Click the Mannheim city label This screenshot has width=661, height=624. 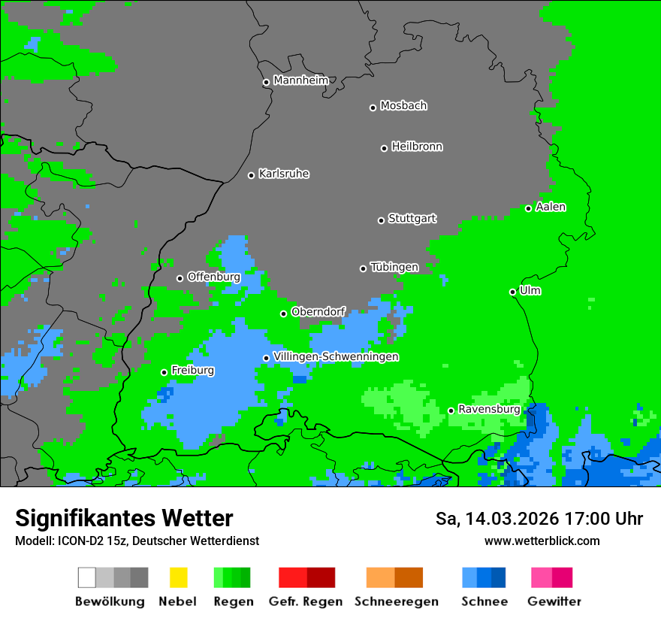(300, 80)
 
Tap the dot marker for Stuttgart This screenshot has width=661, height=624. (381, 220)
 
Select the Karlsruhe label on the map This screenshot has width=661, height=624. (283, 174)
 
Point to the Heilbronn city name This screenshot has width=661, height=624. (417, 147)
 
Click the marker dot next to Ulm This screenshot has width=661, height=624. (513, 292)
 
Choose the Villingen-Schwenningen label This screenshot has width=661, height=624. (336, 356)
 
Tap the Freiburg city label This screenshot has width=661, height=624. (192, 371)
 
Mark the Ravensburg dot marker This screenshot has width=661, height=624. (451, 410)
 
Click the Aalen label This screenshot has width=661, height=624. (551, 207)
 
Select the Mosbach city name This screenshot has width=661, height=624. (403, 106)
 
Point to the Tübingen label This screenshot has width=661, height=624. (394, 267)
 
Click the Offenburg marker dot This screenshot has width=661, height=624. (180, 278)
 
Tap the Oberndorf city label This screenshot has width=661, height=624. (318, 311)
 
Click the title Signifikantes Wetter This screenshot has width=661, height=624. (124, 519)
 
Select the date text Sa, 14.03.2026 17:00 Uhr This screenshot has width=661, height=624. (539, 519)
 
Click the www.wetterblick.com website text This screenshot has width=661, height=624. (542, 541)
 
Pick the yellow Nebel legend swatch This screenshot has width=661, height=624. (178, 577)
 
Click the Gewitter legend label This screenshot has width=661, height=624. (554, 601)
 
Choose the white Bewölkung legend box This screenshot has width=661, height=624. (87, 577)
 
